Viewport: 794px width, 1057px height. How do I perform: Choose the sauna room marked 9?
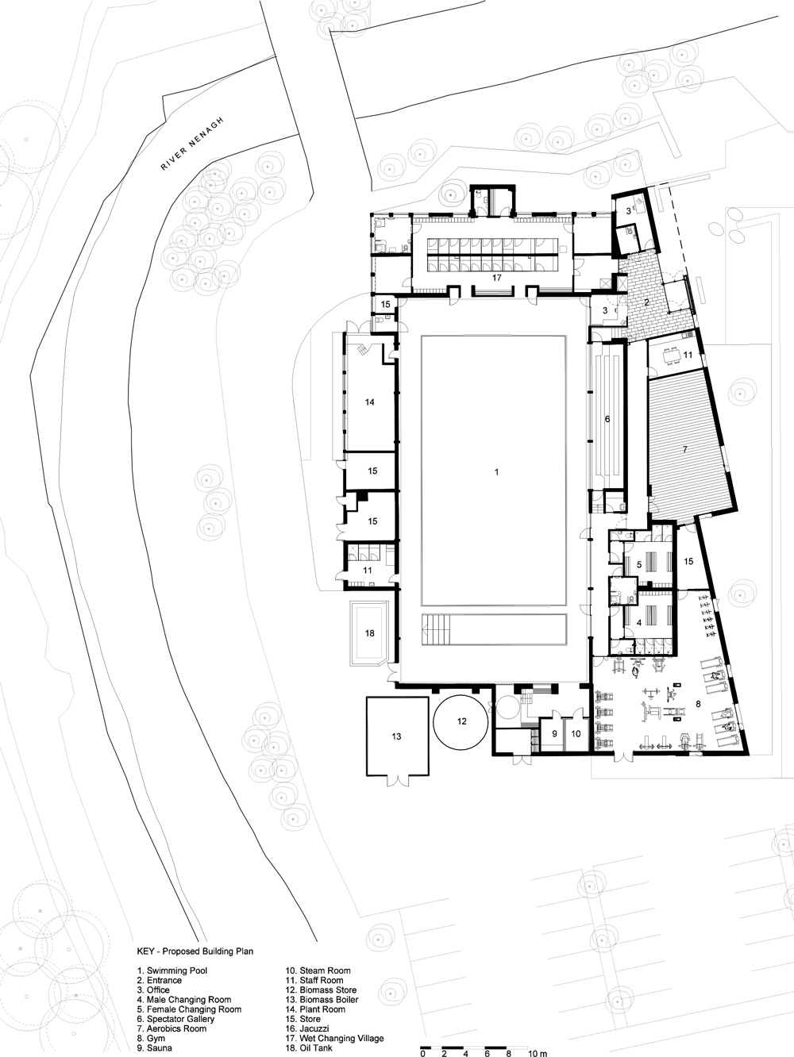[x=554, y=733]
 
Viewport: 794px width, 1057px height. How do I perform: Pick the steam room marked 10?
[x=576, y=733]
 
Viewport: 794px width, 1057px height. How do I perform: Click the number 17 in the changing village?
[x=497, y=278]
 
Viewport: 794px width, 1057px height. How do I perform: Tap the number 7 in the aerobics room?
[x=684, y=450]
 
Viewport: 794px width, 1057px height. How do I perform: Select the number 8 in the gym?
[x=698, y=704]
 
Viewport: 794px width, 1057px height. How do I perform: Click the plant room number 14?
[x=369, y=402]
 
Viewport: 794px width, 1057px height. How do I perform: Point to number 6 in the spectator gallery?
[x=607, y=419]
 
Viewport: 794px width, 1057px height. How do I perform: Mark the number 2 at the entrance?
[x=647, y=302]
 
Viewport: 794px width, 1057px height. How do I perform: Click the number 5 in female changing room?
[x=639, y=564]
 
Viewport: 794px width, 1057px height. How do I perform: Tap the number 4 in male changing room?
[x=639, y=623]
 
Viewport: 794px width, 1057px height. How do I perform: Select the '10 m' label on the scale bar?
[x=538, y=1051]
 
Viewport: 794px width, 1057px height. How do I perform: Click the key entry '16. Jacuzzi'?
[x=307, y=1015]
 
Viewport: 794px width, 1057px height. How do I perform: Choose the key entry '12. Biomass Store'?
[x=321, y=963]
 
